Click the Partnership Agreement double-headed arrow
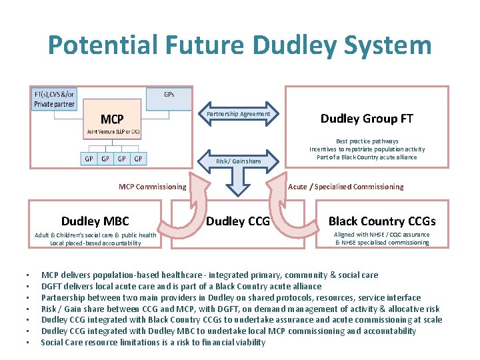(239, 114)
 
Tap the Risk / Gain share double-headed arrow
(239, 161)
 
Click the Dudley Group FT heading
(367, 119)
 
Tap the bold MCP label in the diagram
(112, 119)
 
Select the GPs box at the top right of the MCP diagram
(169, 95)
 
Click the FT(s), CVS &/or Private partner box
(55, 99)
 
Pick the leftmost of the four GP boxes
(89, 159)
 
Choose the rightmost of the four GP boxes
(138, 159)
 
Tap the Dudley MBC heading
(95, 221)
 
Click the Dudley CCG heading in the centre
(238, 221)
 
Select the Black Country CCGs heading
(382, 221)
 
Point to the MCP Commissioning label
(152, 187)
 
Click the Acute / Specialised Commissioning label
(345, 187)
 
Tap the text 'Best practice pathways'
(367, 141)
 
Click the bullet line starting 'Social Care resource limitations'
(153, 342)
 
